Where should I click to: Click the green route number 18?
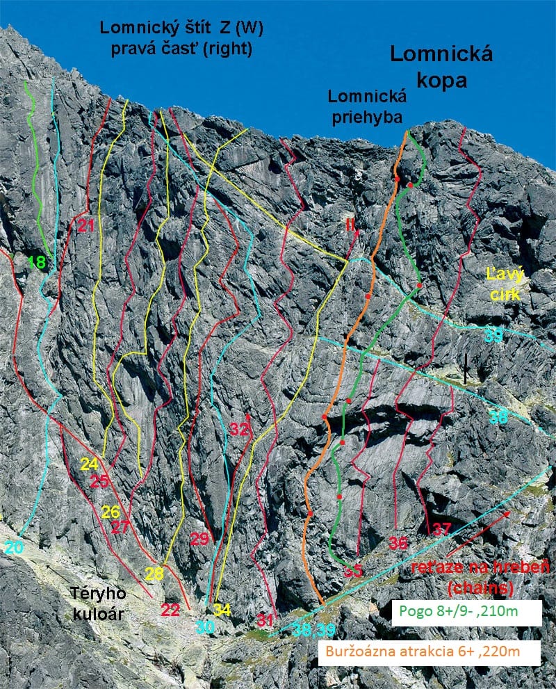tap(37, 262)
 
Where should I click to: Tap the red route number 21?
tap(86, 225)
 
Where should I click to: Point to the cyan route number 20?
tap(14, 547)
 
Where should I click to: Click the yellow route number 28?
tap(154, 574)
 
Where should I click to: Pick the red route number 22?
tap(170, 610)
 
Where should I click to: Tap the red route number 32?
tap(239, 430)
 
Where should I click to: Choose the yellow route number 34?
tap(222, 610)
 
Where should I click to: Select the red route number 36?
tap(398, 544)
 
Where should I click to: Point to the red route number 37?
tap(441, 528)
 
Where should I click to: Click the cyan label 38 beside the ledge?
tap(498, 417)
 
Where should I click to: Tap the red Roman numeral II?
tap(350, 224)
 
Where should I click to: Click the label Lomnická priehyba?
tap(366, 107)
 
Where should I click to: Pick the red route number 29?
tap(199, 538)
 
